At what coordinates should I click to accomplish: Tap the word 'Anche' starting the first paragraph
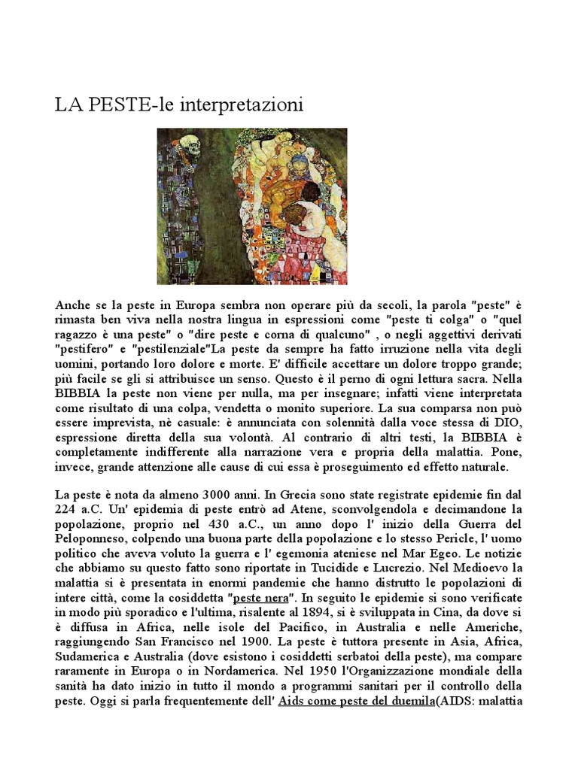click(x=73, y=306)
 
